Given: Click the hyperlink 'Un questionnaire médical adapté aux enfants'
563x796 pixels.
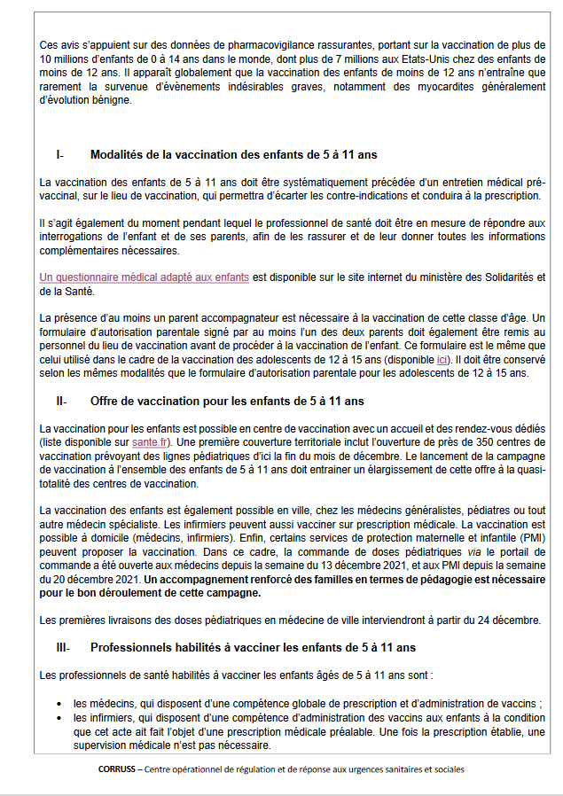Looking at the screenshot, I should click(145, 277).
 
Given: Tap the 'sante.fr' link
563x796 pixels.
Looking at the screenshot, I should click(148, 441).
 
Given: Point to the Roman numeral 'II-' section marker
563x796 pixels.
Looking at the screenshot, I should click(61, 401).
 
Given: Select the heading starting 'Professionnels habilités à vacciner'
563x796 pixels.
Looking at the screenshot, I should click(253, 648).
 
